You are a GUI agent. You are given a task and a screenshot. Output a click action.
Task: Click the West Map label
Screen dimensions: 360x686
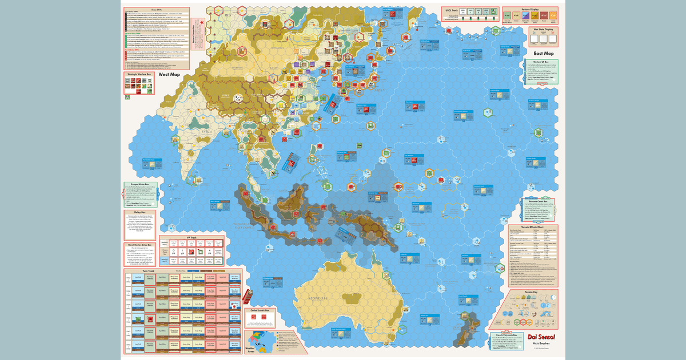pyautogui.click(x=169, y=74)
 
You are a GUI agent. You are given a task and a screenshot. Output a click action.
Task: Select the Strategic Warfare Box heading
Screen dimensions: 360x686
pyautogui.click(x=139, y=74)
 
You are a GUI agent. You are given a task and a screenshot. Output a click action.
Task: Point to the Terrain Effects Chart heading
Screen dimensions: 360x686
pyautogui.click(x=535, y=227)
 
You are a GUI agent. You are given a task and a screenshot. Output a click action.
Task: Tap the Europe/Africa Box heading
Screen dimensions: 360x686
pyautogui.click(x=139, y=185)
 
